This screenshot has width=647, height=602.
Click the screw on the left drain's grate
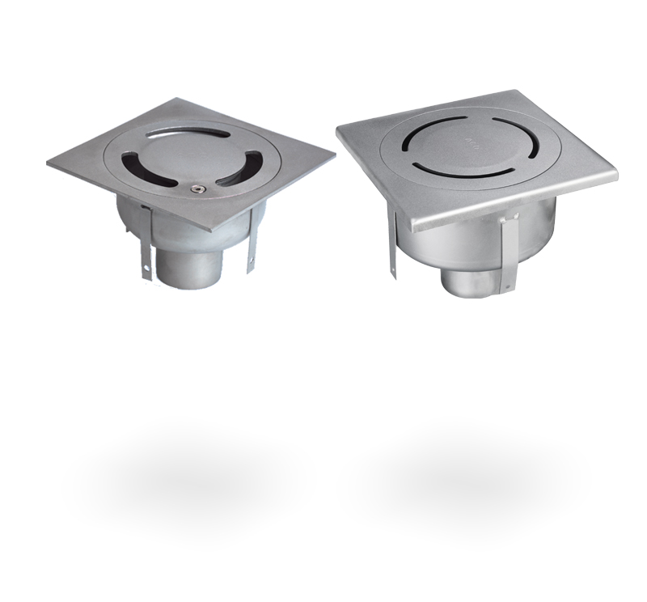click(195, 189)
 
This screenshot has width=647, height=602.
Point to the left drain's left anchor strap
click(146, 243)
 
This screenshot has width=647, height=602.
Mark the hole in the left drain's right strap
click(251, 261)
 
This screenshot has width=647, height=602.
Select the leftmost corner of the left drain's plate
click(49, 164)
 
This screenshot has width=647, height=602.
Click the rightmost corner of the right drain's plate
click(616, 173)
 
